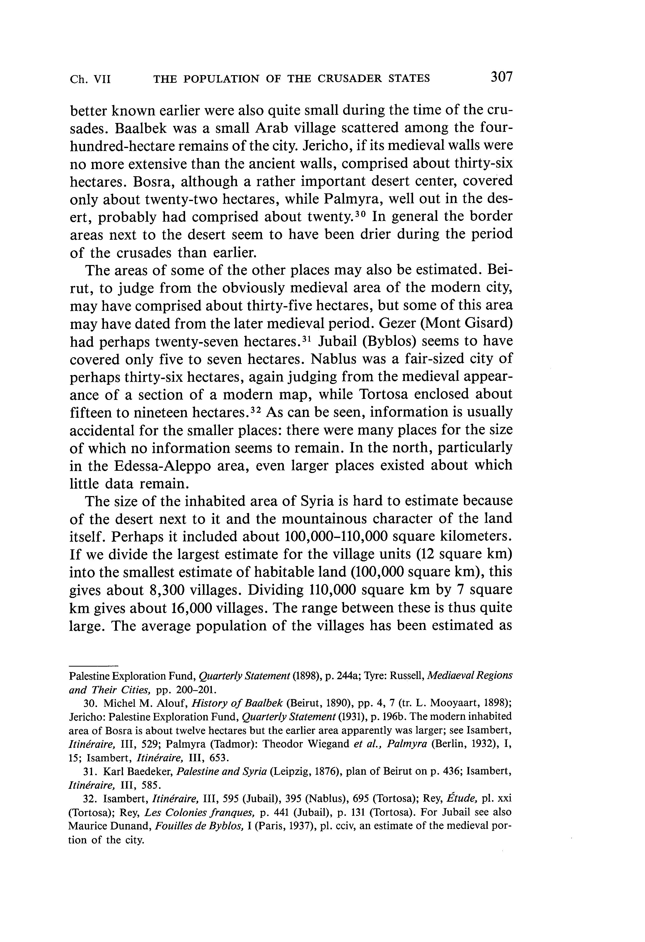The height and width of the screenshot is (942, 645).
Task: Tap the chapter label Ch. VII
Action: click(90, 79)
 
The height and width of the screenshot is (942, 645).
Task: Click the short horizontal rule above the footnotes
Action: click(93, 666)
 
